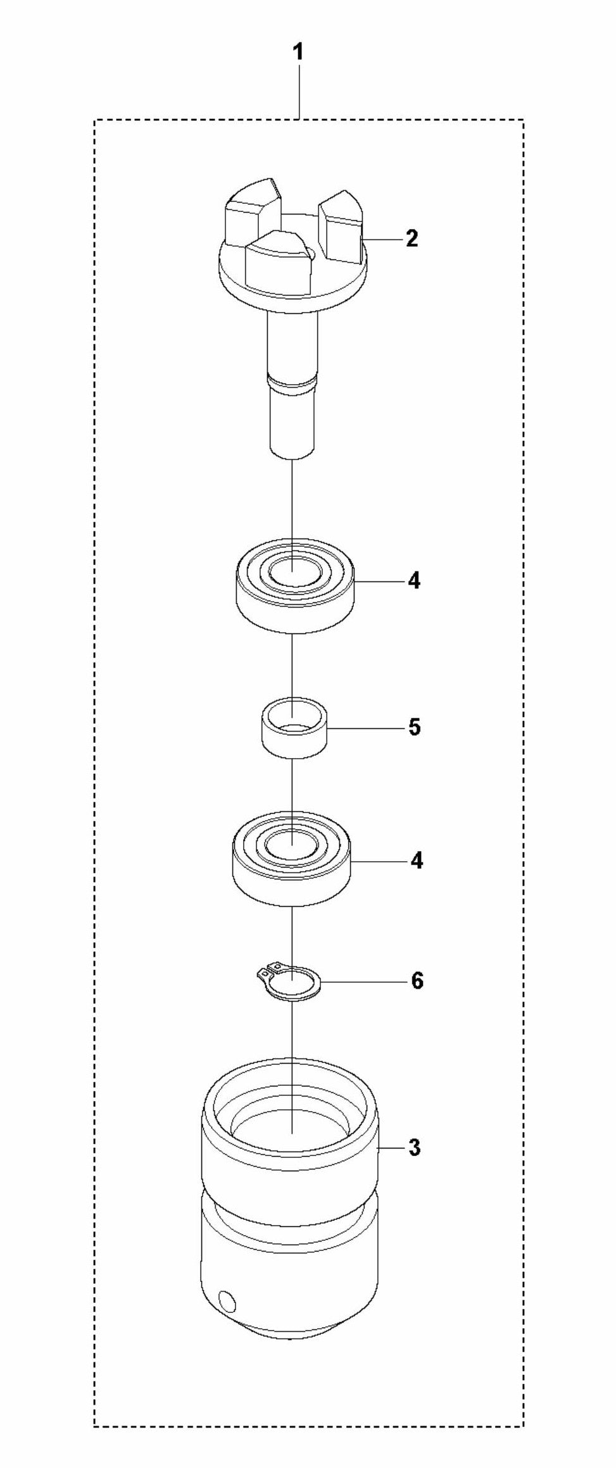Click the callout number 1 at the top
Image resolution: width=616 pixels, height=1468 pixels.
(297, 53)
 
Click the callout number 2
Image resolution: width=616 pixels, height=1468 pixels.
(412, 239)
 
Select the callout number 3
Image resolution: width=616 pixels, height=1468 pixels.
(414, 1148)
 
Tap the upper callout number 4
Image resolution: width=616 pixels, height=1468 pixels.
(413, 580)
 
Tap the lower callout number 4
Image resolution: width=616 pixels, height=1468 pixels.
(416, 861)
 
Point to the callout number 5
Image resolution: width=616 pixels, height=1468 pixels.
(414, 728)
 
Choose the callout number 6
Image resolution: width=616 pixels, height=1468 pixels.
(417, 981)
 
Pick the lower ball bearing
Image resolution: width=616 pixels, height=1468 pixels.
(292, 863)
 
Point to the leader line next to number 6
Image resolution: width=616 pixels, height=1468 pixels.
(363, 982)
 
